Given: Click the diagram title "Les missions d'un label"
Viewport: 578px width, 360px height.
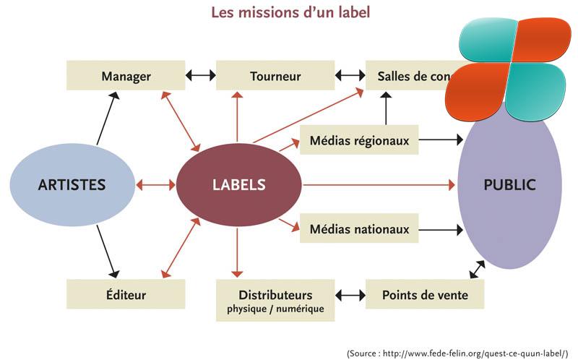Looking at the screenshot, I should pyautogui.click(x=289, y=12).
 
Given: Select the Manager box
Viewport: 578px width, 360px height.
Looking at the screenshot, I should pyautogui.click(x=126, y=76).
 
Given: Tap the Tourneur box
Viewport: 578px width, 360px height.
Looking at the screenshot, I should pyautogui.click(x=275, y=76).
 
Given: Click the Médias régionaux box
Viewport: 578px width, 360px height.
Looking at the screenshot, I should pyautogui.click(x=359, y=140).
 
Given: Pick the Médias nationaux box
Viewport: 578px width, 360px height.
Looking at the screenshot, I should pyautogui.click(x=359, y=230).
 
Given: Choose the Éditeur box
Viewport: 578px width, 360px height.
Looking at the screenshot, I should pyautogui.click(x=126, y=294).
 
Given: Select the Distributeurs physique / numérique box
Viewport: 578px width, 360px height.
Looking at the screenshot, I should pyautogui.click(x=275, y=301).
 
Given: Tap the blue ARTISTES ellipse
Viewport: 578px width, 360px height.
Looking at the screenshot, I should pyautogui.click(x=72, y=184).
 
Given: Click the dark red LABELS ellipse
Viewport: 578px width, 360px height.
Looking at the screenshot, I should pyautogui.click(x=238, y=184).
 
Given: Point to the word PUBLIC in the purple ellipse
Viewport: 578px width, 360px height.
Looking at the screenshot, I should pyautogui.click(x=509, y=184).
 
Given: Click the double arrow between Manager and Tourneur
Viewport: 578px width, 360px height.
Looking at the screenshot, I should pyautogui.click(x=201, y=75).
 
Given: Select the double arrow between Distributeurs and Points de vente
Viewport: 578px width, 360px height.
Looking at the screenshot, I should pyautogui.click(x=350, y=294).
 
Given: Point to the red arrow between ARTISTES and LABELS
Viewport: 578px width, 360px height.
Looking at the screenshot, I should pyautogui.click(x=155, y=184).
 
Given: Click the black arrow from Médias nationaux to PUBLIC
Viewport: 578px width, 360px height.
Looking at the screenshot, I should pyautogui.click(x=440, y=230).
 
